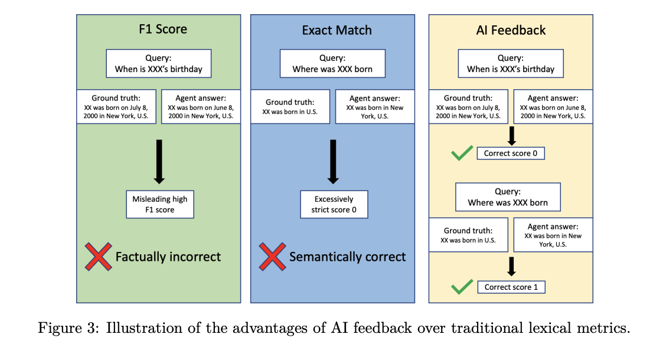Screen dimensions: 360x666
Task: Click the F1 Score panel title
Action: (x=158, y=30)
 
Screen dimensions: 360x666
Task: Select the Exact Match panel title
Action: (x=337, y=30)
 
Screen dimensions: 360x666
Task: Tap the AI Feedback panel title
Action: (x=511, y=30)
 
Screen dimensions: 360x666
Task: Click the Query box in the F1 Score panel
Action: (x=158, y=64)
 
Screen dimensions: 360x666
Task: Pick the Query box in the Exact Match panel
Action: (x=332, y=64)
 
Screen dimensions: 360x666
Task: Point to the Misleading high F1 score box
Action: (x=159, y=204)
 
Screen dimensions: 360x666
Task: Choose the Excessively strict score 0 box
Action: (x=334, y=204)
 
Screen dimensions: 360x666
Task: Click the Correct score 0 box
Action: (x=511, y=153)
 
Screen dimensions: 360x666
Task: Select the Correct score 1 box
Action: (x=511, y=287)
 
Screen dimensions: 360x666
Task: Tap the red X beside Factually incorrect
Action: (x=99, y=257)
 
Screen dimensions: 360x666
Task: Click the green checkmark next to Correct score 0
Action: (x=461, y=154)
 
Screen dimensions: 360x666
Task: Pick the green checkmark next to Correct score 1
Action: (x=461, y=287)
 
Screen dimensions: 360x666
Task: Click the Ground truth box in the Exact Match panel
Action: (x=290, y=107)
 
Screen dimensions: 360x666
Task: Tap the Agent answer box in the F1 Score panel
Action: (x=200, y=107)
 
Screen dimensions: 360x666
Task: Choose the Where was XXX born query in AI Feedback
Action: (x=508, y=197)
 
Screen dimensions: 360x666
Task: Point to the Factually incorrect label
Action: (x=168, y=257)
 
